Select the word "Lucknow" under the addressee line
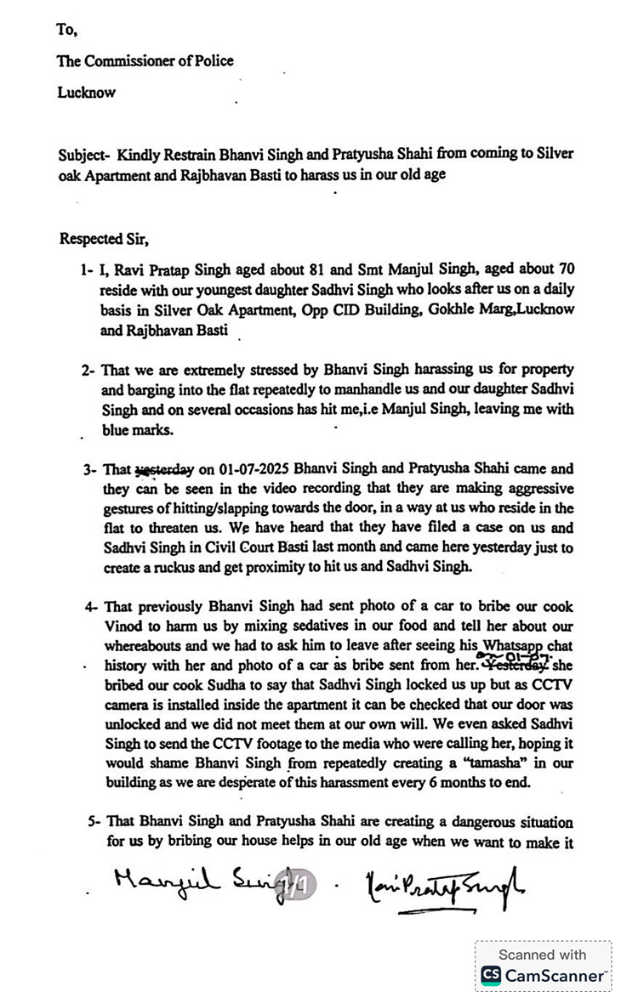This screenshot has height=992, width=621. [x=86, y=93]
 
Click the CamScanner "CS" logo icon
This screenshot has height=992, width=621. [x=491, y=975]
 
